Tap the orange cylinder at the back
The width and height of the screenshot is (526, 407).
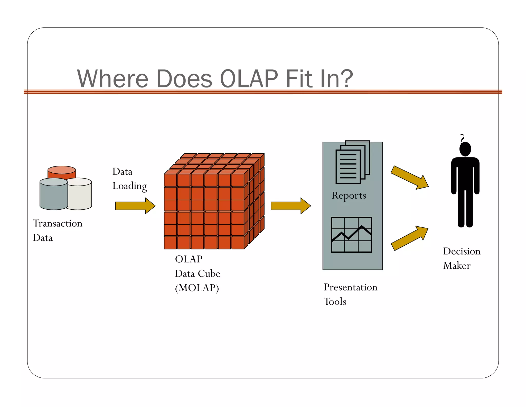click(62, 172)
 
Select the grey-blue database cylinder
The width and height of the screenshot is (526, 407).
click(53, 196)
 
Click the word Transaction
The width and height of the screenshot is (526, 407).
click(58, 223)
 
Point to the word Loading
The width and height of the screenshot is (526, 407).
click(129, 186)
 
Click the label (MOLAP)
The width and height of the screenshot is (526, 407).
click(197, 288)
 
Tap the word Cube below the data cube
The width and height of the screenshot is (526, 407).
click(209, 273)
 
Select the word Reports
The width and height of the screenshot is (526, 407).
click(349, 196)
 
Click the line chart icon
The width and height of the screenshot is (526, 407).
click(351, 235)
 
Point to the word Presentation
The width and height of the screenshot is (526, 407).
click(350, 287)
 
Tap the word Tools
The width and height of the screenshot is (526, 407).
click(335, 302)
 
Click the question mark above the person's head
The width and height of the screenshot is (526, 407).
click(462, 138)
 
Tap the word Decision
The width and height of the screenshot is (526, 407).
click(462, 251)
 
